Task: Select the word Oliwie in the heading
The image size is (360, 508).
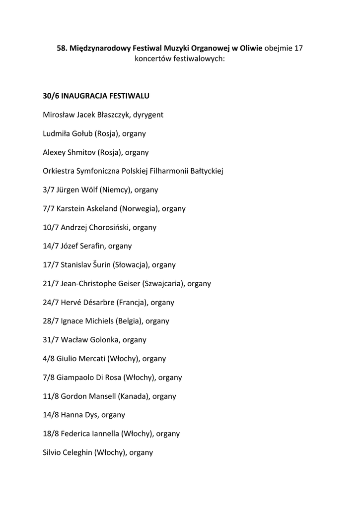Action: pos(250,48)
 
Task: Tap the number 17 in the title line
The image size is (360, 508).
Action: pos(298,48)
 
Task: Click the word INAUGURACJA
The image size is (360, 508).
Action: pos(88,96)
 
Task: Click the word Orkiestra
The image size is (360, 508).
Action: pos(59,171)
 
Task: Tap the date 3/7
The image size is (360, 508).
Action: pos(49,190)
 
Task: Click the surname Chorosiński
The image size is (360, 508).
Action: pos(109,228)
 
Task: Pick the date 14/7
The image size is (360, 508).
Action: pos(51,246)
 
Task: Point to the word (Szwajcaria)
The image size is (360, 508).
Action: pos(164,284)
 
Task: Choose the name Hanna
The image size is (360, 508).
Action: pos(71,415)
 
